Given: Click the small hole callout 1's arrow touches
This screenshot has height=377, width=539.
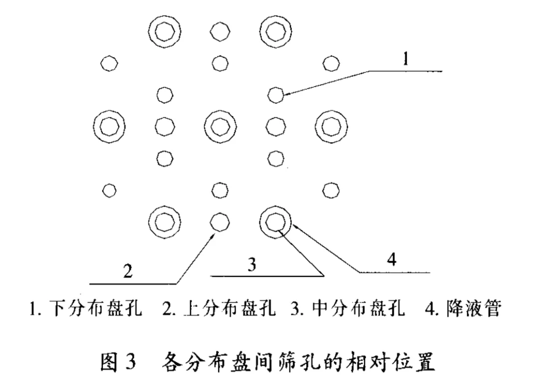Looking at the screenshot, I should (x=275, y=94).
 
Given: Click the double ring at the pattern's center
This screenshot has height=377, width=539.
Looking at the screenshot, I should (x=220, y=126).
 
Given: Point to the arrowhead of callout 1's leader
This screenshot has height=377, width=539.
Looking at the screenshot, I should (x=286, y=92).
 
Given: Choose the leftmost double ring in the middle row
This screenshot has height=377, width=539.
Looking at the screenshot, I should (x=109, y=126).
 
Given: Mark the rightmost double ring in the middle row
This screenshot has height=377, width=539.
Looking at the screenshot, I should (x=330, y=126).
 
